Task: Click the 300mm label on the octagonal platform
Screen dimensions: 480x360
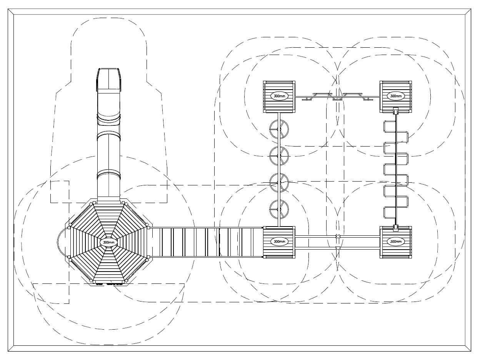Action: click(109, 242)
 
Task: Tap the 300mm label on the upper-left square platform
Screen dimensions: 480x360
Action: click(279, 96)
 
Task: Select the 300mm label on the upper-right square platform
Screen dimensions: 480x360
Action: click(396, 96)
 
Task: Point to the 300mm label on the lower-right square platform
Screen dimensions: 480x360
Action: click(396, 242)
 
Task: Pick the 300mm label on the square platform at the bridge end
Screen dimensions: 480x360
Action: click(279, 242)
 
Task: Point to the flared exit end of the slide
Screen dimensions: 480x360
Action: click(109, 79)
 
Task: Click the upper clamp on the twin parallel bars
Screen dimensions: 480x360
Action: click(338, 236)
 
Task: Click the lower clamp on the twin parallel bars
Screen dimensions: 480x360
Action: click(338, 248)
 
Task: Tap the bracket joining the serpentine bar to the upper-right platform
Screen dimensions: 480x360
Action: click(396, 111)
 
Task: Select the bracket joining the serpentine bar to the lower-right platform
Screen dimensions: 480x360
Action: click(396, 228)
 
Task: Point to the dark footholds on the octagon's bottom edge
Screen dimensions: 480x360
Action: click(109, 283)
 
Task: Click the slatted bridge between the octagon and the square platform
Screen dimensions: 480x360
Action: click(207, 242)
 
